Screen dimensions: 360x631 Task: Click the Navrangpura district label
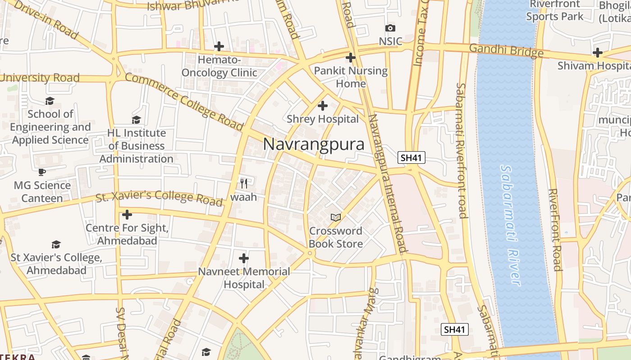[x=314, y=144]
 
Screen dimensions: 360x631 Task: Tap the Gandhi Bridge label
[x=506, y=50]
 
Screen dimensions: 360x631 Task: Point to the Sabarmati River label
[x=510, y=225]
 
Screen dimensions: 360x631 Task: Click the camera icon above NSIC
[x=390, y=28]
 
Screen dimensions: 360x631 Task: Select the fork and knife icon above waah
[x=244, y=183]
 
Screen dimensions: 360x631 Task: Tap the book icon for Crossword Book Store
[x=335, y=218]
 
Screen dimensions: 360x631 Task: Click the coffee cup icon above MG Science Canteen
[x=42, y=172]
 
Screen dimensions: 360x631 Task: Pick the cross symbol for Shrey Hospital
[x=323, y=106]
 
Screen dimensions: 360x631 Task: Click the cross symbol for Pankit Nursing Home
[x=351, y=58]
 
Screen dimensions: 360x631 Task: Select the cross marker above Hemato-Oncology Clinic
[x=219, y=46]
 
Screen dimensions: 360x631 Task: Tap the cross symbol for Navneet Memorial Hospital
[x=244, y=258]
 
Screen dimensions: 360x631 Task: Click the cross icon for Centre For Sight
[x=127, y=215]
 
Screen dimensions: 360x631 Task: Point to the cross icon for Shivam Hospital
[x=598, y=53]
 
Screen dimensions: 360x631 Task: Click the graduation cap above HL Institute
[x=136, y=120]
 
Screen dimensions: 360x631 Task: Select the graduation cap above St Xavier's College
[x=56, y=244]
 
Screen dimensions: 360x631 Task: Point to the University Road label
[x=40, y=78]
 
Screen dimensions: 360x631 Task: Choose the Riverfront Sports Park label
[x=554, y=11]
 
